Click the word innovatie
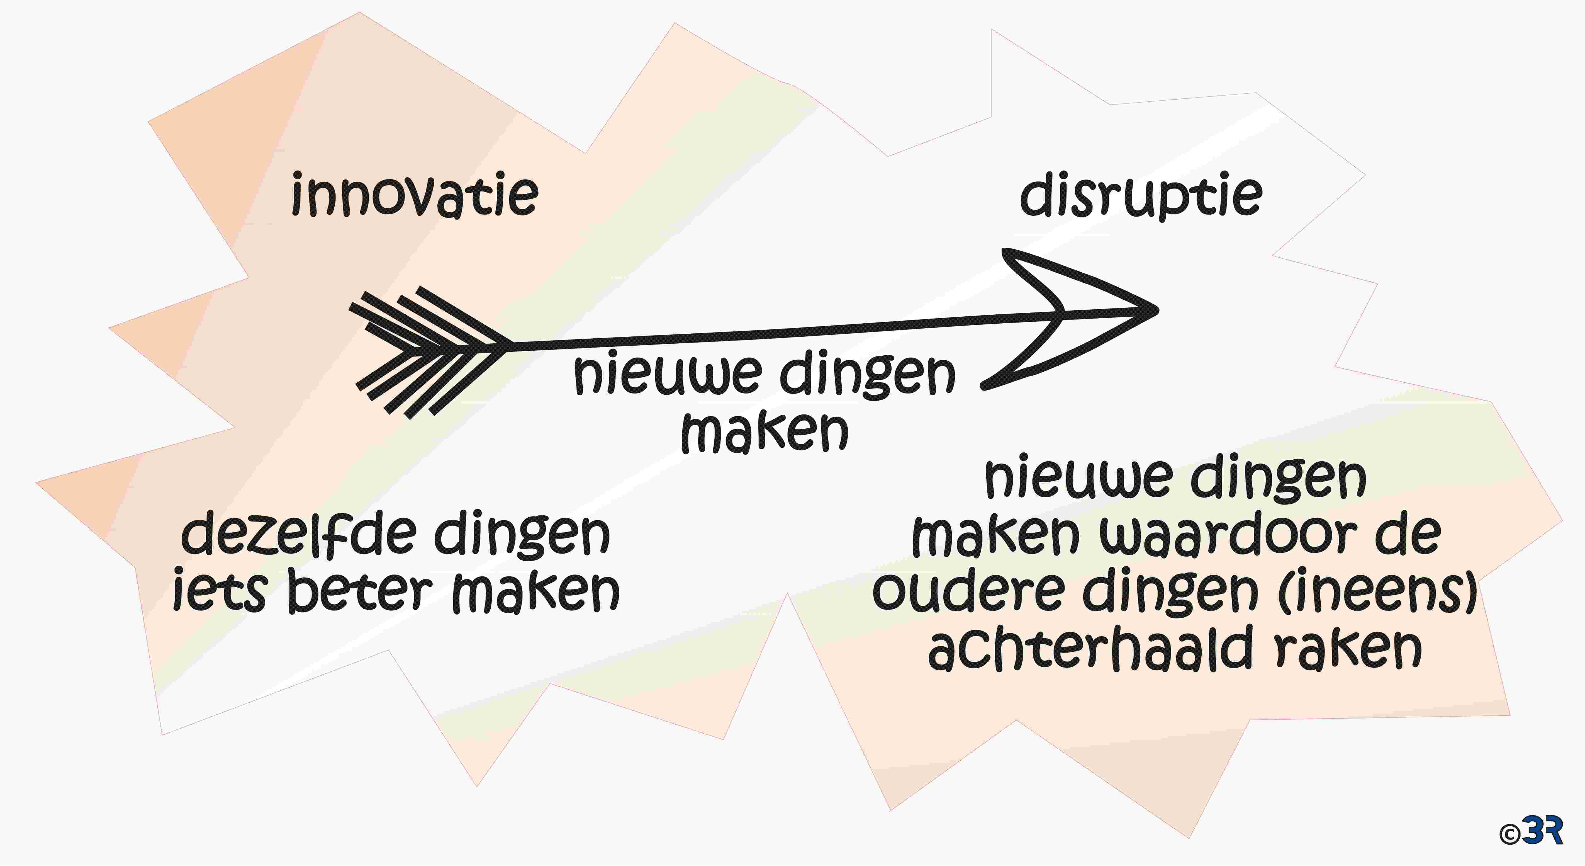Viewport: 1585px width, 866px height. (415, 195)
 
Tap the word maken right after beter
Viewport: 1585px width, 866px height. (536, 592)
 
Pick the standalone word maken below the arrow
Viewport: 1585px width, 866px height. (765, 432)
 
